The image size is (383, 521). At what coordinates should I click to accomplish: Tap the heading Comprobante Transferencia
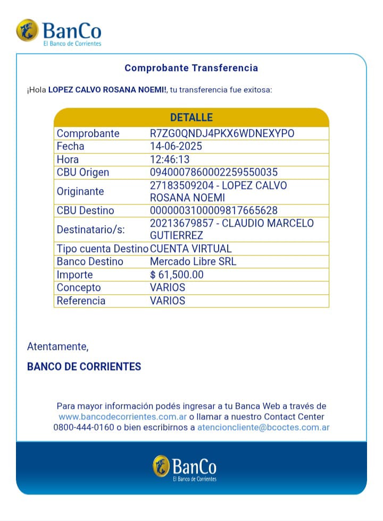pyautogui.click(x=191, y=68)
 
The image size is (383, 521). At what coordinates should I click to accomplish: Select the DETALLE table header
pyautogui.click(x=191, y=117)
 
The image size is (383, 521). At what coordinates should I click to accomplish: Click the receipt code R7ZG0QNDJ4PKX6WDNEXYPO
pyautogui.click(x=222, y=133)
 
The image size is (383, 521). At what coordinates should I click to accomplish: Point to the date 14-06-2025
pyautogui.click(x=176, y=146)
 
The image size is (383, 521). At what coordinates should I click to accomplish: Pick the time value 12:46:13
pyautogui.click(x=170, y=159)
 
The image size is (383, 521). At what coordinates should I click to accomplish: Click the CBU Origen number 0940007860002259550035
pyautogui.click(x=214, y=172)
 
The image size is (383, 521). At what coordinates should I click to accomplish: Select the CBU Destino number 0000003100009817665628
pyautogui.click(x=214, y=210)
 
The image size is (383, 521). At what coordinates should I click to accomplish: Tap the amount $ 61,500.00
pyautogui.click(x=177, y=275)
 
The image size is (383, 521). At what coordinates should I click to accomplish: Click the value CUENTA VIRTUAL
pyautogui.click(x=191, y=249)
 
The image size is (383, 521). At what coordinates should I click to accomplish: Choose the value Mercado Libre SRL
pyautogui.click(x=193, y=261)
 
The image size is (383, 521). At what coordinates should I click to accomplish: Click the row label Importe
pyautogui.click(x=75, y=275)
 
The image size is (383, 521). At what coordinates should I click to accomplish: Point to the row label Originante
pyautogui.click(x=80, y=191)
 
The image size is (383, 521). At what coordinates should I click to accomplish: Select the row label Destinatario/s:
pyautogui.click(x=90, y=229)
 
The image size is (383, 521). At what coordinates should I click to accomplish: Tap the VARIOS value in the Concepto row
pyautogui.click(x=168, y=287)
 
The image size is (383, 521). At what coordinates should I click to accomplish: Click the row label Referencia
pyautogui.click(x=81, y=301)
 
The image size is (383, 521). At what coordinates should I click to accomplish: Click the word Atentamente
pyautogui.click(x=57, y=347)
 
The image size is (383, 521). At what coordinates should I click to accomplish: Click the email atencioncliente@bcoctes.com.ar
pyautogui.click(x=263, y=427)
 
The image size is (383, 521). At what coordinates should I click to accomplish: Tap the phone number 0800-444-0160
pyautogui.click(x=84, y=427)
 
